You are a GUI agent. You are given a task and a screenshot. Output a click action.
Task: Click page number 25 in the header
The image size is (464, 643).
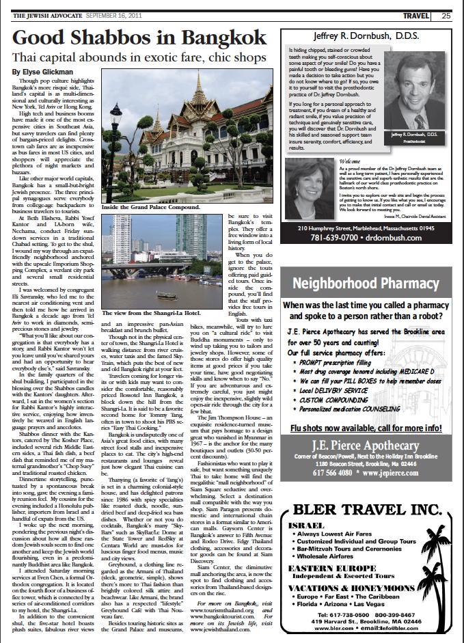[x=445, y=15]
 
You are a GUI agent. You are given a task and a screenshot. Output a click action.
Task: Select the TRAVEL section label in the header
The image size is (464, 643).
[x=416, y=15]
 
